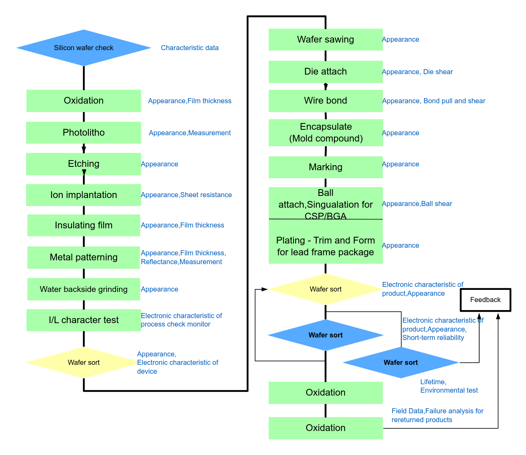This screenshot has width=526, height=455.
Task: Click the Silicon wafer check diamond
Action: (x=84, y=48)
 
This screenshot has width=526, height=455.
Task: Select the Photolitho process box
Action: (x=83, y=133)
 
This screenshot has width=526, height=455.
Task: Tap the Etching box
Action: (x=83, y=164)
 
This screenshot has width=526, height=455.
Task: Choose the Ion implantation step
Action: (x=83, y=195)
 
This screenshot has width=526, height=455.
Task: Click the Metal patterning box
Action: (x=83, y=257)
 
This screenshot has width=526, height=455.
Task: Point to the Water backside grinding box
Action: (x=83, y=289)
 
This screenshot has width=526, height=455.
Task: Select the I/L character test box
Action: (x=83, y=320)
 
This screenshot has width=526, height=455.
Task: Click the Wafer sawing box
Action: (x=326, y=40)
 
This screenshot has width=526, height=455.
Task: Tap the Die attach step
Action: (x=326, y=72)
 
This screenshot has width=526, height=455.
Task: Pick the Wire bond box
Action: (x=326, y=101)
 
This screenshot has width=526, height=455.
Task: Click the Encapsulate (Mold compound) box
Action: (x=326, y=133)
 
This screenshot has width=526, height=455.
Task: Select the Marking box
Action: (x=326, y=167)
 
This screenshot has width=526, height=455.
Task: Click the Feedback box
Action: (x=485, y=300)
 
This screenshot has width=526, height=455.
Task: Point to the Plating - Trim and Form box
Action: (x=326, y=246)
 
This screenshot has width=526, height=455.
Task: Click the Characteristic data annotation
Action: (x=190, y=48)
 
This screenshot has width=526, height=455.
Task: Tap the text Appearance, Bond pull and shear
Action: (x=433, y=101)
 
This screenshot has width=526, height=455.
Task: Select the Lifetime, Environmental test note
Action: (x=449, y=386)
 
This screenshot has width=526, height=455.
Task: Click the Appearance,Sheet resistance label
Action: (x=186, y=195)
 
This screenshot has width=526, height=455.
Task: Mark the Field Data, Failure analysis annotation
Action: (x=437, y=415)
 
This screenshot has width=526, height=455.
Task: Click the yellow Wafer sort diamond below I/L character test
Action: (x=83, y=363)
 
